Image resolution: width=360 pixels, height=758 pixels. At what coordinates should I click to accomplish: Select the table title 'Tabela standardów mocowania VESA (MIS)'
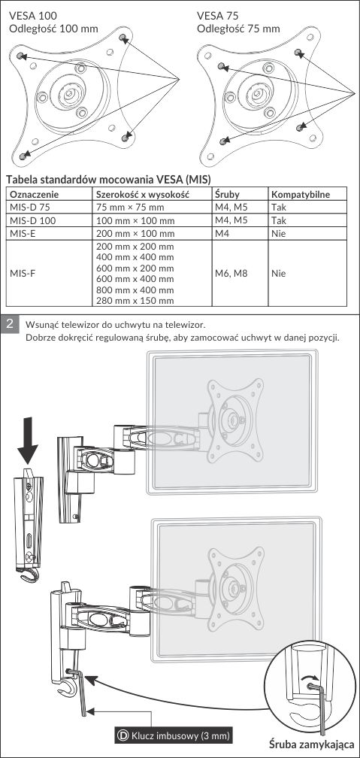point(108,180)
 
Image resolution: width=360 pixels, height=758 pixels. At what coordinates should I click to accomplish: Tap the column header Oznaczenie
point(35,195)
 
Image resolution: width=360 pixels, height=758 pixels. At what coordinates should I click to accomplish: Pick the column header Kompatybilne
point(301,195)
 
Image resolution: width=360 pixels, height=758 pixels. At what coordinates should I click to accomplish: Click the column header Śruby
point(227,195)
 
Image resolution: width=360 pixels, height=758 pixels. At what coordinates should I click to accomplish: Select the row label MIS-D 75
point(29,208)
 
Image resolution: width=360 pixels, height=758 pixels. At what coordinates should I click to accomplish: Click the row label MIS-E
point(23,233)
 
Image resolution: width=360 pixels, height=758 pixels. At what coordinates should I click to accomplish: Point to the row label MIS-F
point(23,273)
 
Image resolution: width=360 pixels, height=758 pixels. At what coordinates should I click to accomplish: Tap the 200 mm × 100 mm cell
point(135,233)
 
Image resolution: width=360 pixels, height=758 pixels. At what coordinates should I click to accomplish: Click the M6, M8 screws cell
point(231,273)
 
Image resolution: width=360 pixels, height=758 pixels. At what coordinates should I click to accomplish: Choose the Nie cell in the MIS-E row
point(278,233)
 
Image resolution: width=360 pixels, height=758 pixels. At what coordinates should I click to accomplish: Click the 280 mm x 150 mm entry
point(135,301)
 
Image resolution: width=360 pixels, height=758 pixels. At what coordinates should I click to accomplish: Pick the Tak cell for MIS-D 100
point(278,220)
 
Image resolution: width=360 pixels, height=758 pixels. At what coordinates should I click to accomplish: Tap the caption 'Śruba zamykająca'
point(314,744)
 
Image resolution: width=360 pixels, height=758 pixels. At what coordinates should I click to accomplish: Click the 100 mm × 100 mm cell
point(135,220)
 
